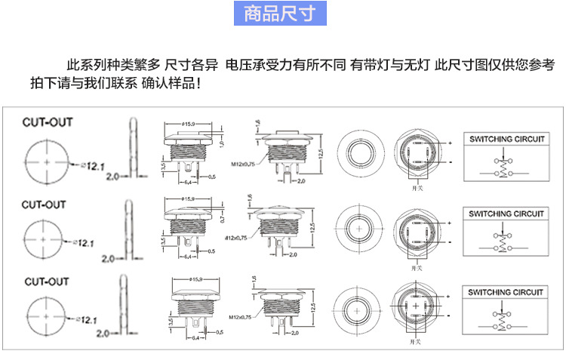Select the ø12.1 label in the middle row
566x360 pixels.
pyautogui.click(x=84, y=243)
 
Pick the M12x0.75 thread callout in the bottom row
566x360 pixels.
pyautogui.click(x=244, y=317)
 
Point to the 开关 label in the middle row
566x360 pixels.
pyautogui.click(x=417, y=267)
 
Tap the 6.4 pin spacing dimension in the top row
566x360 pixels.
pyautogui.click(x=187, y=181)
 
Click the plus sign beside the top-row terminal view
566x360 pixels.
pyautogui.click(x=449, y=143)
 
